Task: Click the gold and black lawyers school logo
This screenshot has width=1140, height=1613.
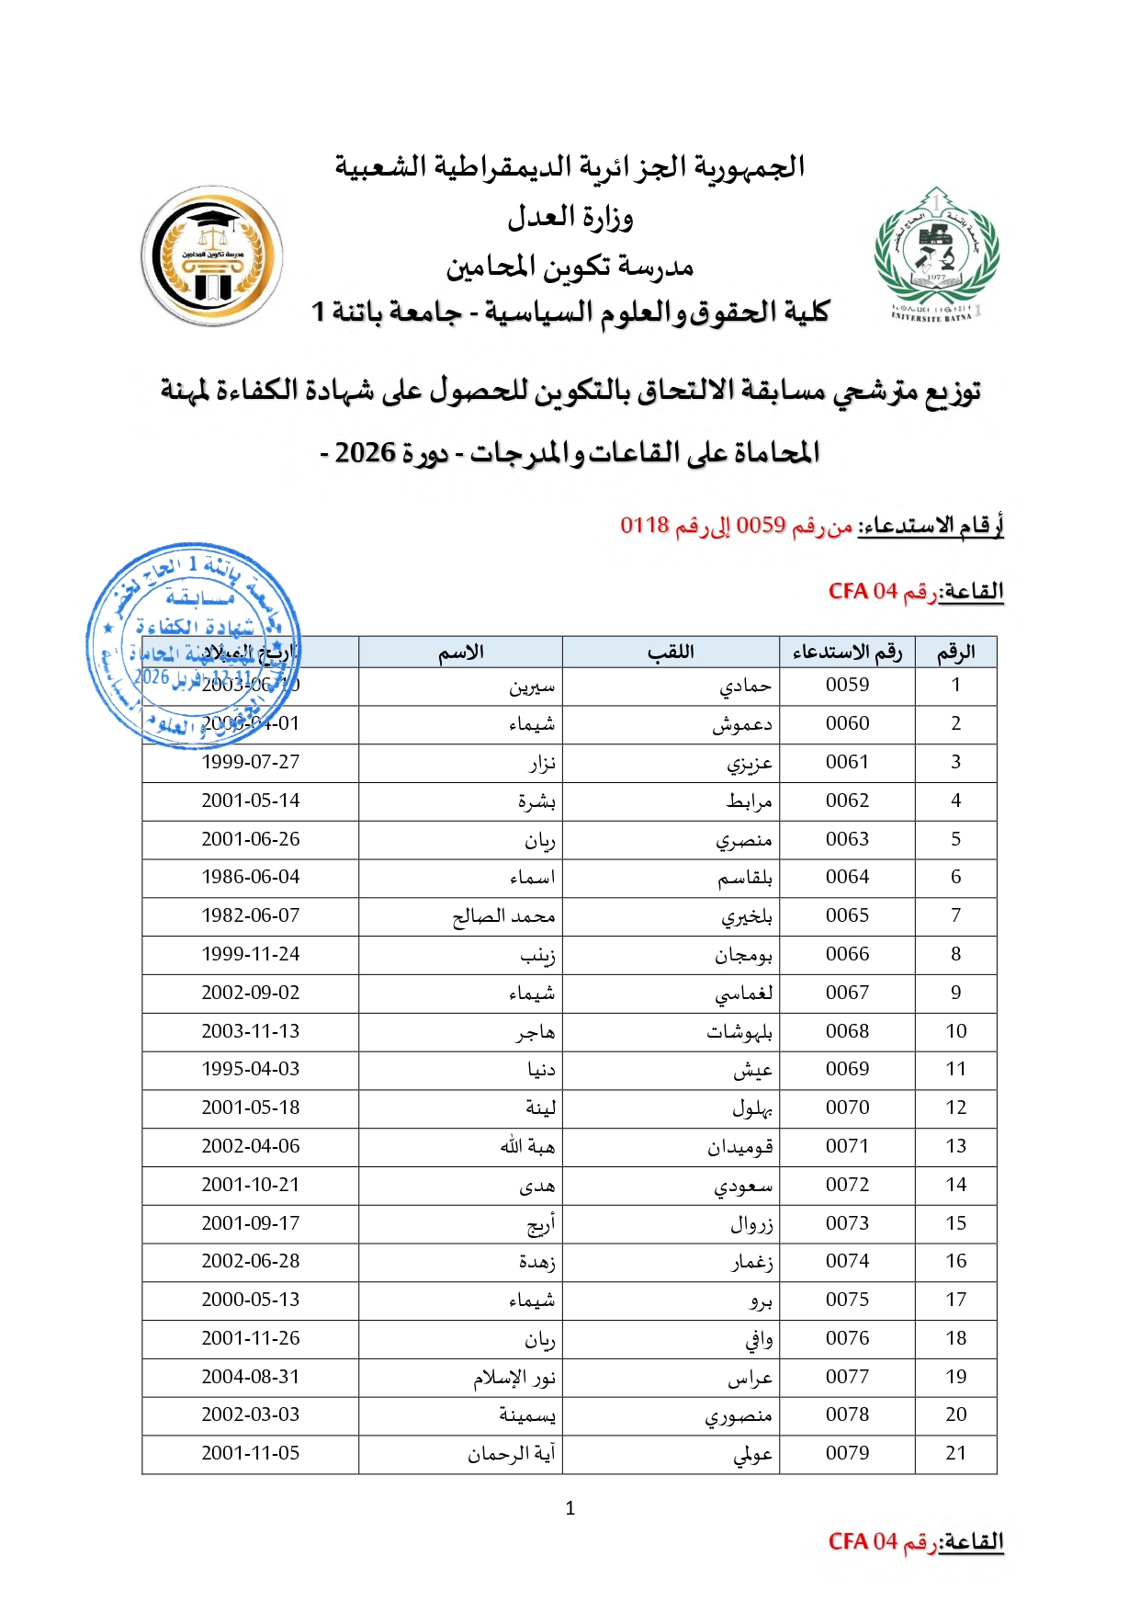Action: tap(212, 256)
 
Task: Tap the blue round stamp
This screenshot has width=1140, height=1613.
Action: tap(193, 644)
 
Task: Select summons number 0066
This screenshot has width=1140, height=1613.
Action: tap(847, 954)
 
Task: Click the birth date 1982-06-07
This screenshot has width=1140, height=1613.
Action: tap(251, 915)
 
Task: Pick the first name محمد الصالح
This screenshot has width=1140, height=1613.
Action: tap(503, 916)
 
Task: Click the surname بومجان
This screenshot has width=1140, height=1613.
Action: tap(743, 955)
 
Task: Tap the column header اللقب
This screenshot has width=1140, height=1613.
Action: tap(671, 652)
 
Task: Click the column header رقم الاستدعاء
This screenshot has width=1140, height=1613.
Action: tap(847, 652)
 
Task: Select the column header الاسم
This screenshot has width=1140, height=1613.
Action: tap(460, 652)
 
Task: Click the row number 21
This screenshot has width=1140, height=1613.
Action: tap(955, 1453)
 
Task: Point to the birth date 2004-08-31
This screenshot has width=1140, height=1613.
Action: tap(251, 1377)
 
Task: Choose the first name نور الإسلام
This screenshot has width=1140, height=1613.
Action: tap(514, 1377)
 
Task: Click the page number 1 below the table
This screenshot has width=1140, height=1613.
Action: tap(570, 1508)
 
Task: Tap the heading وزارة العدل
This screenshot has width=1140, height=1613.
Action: tap(570, 218)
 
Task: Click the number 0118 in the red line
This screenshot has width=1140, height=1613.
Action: tap(644, 525)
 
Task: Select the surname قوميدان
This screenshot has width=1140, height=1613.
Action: tap(739, 1146)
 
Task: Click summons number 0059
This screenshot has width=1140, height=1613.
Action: tap(847, 685)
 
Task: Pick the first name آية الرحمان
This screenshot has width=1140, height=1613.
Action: tap(511, 1453)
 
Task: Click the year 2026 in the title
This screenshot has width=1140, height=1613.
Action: tap(365, 453)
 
